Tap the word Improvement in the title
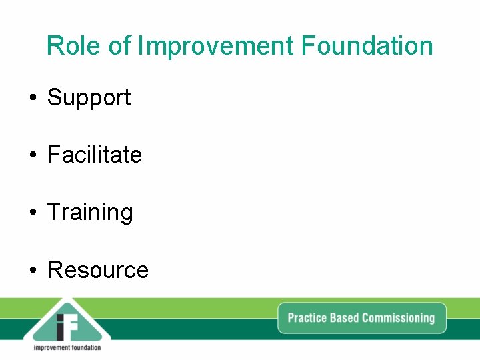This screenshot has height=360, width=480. point(215,46)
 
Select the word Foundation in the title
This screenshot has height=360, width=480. point(367,46)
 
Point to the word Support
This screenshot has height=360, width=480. point(89,98)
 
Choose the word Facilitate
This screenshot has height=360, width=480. point(94,155)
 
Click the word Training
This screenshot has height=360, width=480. point(90,213)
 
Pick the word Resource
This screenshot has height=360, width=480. point(97,270)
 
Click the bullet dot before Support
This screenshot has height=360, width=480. point(32,99)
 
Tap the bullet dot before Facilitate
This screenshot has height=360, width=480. point(32,156)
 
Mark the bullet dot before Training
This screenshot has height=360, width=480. point(32,213)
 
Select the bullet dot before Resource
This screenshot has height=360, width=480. point(32,271)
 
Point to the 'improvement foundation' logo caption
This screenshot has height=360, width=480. point(67,347)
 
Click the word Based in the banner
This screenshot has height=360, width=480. point(345,317)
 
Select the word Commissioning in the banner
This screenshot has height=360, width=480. point(398,318)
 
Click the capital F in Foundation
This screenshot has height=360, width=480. point(308,46)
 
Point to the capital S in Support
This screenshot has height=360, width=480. point(54,97)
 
